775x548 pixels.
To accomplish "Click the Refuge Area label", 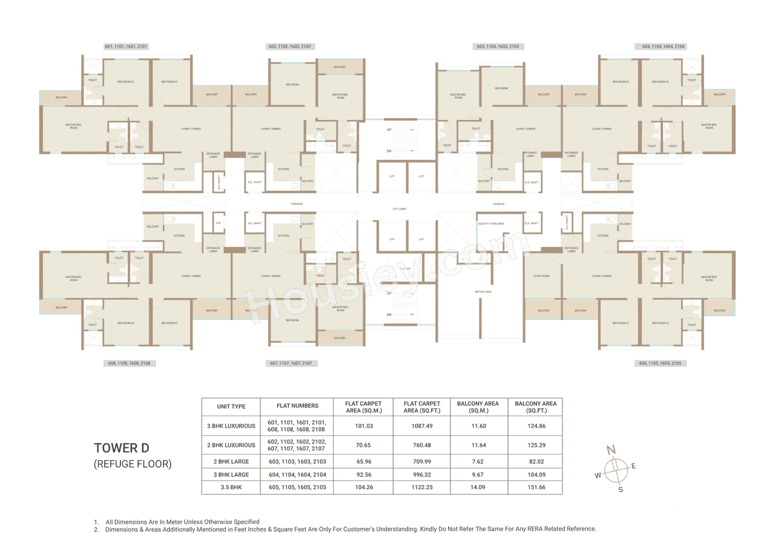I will click(483, 292).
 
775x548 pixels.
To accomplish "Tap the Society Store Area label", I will click(490, 223).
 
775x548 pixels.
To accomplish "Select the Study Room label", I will click(541, 276).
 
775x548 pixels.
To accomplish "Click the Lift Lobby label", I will click(400, 208).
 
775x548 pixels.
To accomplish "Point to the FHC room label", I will click(218, 223).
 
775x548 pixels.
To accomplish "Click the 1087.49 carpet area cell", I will click(421, 426).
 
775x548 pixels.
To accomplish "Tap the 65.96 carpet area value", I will click(363, 461).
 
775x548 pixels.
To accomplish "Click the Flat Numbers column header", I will click(296, 406).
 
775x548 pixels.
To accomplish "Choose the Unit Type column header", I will click(231, 406).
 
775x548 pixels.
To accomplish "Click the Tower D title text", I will click(121, 448).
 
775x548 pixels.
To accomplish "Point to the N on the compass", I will click(612, 449).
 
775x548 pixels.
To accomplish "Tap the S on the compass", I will click(620, 489).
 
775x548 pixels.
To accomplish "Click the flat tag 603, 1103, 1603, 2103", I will click(497, 47).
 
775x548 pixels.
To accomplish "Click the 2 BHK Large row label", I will click(231, 461).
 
